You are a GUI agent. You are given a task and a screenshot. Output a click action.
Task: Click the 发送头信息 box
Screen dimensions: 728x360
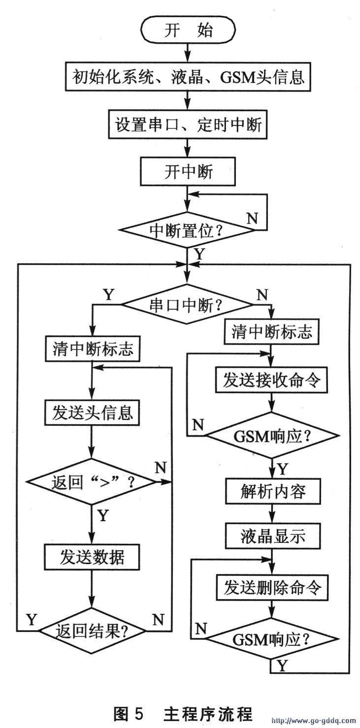pyautogui.click(x=93, y=412)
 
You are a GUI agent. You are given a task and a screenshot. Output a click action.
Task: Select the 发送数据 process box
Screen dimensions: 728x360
pyautogui.click(x=93, y=558)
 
